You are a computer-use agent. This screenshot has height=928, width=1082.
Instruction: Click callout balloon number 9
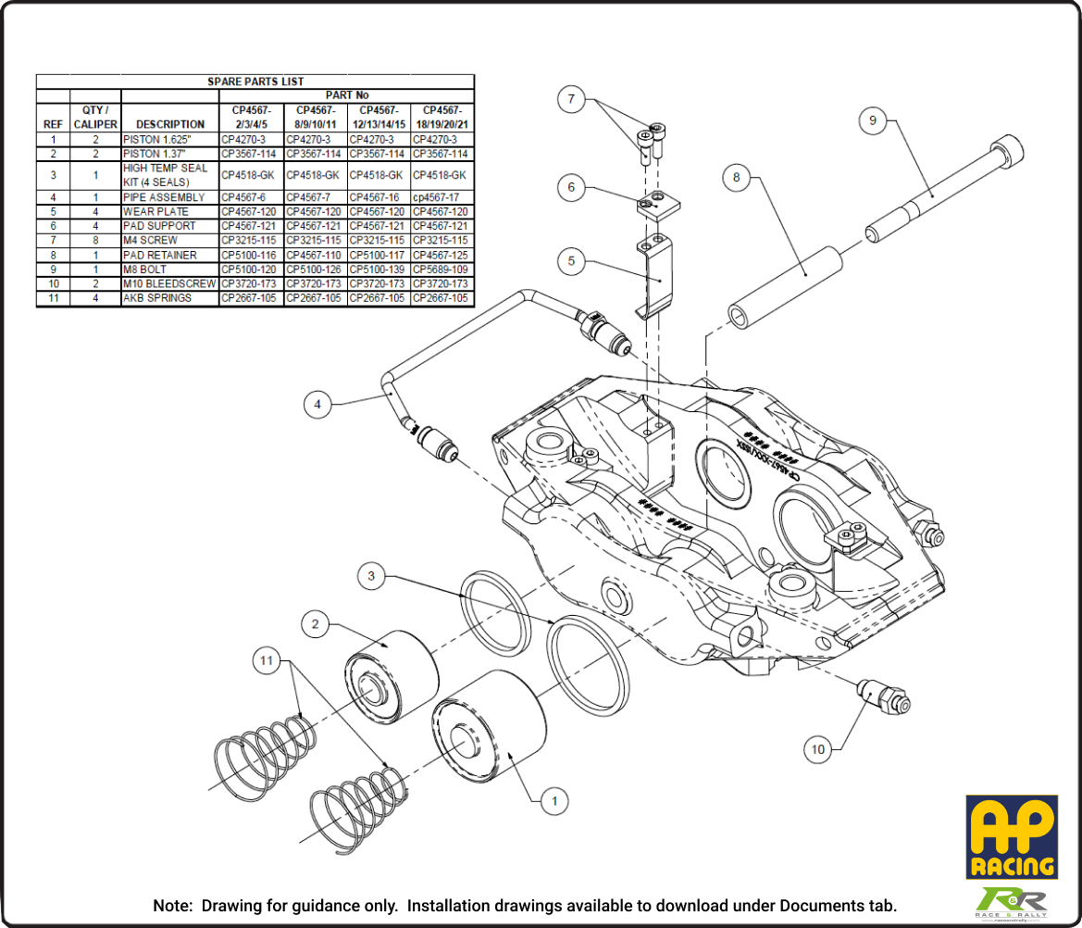click(873, 120)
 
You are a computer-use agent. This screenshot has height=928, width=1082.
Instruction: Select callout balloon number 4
click(317, 405)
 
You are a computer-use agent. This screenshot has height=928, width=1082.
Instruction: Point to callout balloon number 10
click(817, 749)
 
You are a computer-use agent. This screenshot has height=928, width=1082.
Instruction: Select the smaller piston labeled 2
click(389, 671)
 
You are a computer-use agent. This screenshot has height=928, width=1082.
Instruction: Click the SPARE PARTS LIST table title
click(255, 82)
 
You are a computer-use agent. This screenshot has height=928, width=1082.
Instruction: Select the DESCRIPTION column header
click(169, 124)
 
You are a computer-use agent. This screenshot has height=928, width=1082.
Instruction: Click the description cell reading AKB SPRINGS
click(157, 298)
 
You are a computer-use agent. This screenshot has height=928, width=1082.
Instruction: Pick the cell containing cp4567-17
click(441, 197)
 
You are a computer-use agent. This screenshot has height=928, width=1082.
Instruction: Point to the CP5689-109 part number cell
click(441, 270)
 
